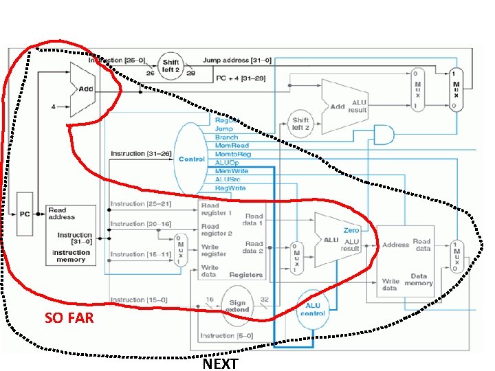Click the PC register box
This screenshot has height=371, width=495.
[25, 214]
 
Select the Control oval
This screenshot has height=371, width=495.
[192, 159]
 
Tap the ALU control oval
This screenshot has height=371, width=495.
[313, 308]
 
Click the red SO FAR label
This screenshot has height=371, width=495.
[69, 318]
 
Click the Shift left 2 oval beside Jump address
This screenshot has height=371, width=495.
[170, 67]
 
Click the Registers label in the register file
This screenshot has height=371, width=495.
[247, 275]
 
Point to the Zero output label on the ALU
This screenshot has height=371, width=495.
[351, 230]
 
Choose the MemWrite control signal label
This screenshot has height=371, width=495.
[232, 170]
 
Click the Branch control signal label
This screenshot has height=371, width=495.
[226, 137]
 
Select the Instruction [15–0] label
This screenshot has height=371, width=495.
[138, 300]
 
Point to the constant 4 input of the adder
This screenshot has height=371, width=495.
[54, 106]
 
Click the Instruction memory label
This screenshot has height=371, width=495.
[71, 256]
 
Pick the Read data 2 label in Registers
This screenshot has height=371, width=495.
[254, 247]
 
